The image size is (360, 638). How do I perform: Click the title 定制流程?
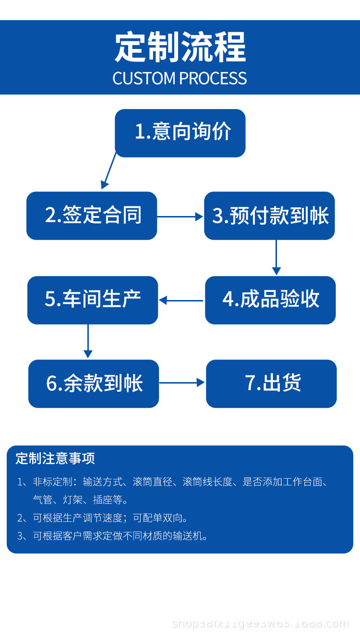coord(180,48)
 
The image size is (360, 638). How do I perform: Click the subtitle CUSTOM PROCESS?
coord(180,78)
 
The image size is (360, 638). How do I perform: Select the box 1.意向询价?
coord(180,133)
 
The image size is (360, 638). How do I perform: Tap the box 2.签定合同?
coord(92,216)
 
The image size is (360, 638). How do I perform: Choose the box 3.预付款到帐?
coord(269,216)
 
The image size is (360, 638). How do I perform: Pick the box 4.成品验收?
coord(270,300)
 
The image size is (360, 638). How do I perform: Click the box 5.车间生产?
coord(93,300)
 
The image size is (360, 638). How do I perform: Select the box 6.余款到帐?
coord(94,384)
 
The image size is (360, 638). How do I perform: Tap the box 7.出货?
coord(271,384)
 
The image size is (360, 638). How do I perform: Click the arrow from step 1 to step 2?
coord(109,171)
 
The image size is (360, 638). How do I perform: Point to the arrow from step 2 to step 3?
coord(180,217)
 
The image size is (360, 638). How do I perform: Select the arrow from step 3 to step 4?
coord(276,257)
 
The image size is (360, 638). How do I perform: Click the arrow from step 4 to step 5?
coord(181,301)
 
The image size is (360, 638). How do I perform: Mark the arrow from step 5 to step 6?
coord(88,341)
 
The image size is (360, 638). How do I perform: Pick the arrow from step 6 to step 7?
coord(182,383)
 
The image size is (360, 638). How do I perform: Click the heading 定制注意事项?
coord(55,458)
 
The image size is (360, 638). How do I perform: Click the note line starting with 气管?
coord(81,500)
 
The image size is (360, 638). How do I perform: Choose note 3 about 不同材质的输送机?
coord(120,536)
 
